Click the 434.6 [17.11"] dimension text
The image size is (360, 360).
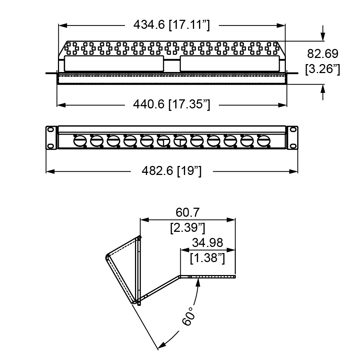171,25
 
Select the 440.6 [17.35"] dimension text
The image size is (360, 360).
171,104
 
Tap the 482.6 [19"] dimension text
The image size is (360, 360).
171,171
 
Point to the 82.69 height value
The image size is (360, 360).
323,54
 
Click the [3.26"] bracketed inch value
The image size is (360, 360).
323,69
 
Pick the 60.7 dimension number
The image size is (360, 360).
188,212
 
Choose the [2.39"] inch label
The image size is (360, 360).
188,228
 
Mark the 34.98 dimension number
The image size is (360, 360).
208,243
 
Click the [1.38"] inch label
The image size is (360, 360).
208,258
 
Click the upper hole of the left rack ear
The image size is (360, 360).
50,130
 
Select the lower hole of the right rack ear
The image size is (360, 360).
293,146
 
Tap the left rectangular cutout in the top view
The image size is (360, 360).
114,63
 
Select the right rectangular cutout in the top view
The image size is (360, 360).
230,63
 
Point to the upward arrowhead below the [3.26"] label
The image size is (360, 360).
323,89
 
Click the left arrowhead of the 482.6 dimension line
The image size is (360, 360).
50,171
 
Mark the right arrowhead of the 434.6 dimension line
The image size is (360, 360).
281,26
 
